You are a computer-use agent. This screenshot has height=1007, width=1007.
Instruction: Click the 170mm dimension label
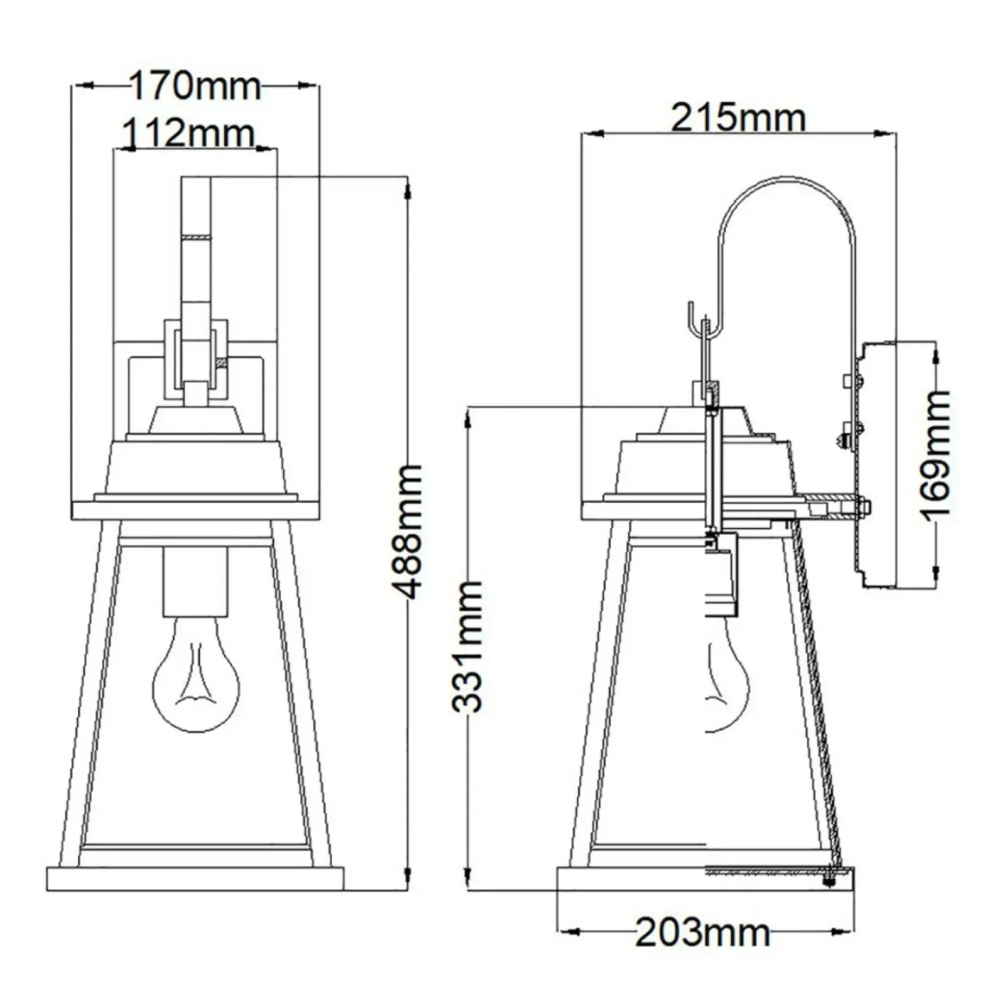pos(195,86)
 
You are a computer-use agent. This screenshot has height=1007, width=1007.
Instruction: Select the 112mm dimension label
pos(188,133)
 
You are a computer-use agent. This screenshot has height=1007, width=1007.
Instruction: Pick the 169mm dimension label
pos(938,455)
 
